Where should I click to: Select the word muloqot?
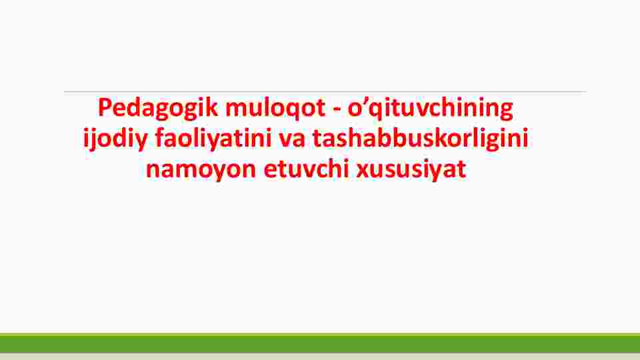tap(275, 109)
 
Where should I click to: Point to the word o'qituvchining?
tap(430, 109)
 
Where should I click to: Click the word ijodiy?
tap(115, 139)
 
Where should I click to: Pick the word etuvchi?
tap(306, 168)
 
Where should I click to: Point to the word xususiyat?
tap(411, 170)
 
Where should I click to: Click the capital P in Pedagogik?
tap(105, 108)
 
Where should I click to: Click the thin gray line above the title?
tap(325, 92)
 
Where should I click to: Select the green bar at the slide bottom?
tap(320, 343)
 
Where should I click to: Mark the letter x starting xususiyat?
tap(363, 171)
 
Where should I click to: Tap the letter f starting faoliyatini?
tap(161, 138)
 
